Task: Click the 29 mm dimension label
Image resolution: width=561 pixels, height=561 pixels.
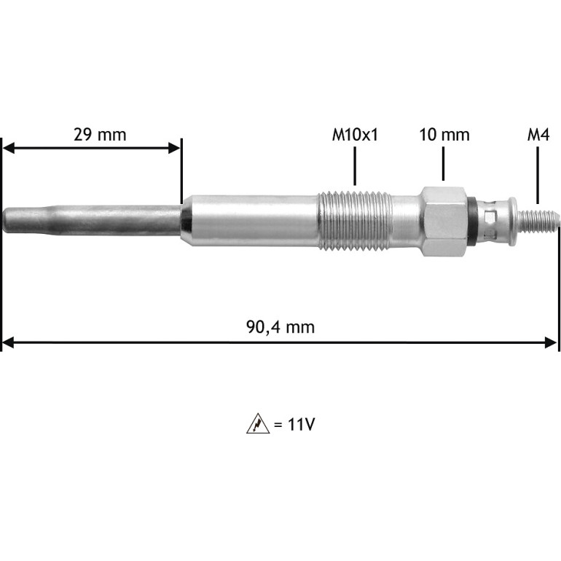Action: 100,135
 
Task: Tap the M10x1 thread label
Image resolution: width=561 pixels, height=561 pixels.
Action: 355,135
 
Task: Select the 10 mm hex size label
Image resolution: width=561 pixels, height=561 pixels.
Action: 444,135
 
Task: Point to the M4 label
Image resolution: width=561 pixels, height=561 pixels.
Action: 538,135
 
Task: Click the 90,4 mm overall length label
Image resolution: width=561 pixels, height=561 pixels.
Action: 280,327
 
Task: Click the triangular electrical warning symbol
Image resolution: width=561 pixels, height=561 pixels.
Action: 258,424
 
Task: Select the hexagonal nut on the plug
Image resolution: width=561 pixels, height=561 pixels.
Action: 444,221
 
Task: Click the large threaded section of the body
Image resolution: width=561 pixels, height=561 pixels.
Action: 354,220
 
